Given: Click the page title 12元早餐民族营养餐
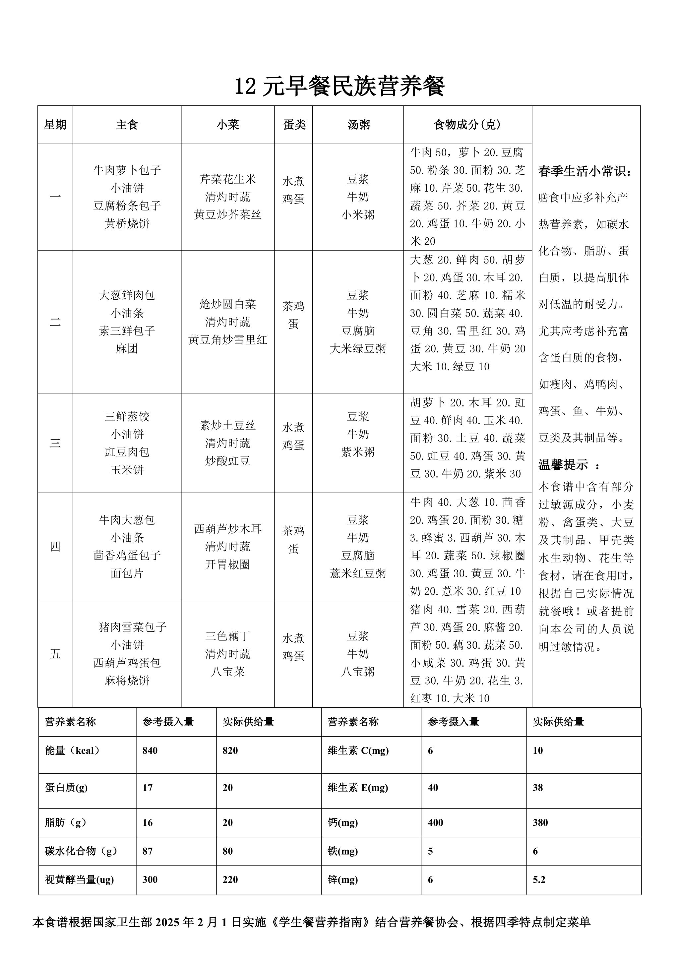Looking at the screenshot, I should pos(339,87).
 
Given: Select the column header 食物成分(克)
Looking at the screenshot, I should pos(467,125).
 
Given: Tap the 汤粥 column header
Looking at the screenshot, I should pos(358,125).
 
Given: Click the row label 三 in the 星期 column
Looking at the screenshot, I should pos(55,443).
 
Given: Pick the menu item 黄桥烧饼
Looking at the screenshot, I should pos(127,224).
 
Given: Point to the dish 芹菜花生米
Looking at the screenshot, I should pos(227,179).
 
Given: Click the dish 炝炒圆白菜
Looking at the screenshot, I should pos(227,304).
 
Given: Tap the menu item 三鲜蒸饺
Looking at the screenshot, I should pos(127,416).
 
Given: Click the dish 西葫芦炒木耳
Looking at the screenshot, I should pos(227,529).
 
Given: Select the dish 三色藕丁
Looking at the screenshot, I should pos(227,636).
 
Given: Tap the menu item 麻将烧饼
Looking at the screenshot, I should pos(127,681).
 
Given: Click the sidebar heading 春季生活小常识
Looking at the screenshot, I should pos(585,171).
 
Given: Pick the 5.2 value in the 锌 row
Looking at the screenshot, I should pos(539,880).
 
